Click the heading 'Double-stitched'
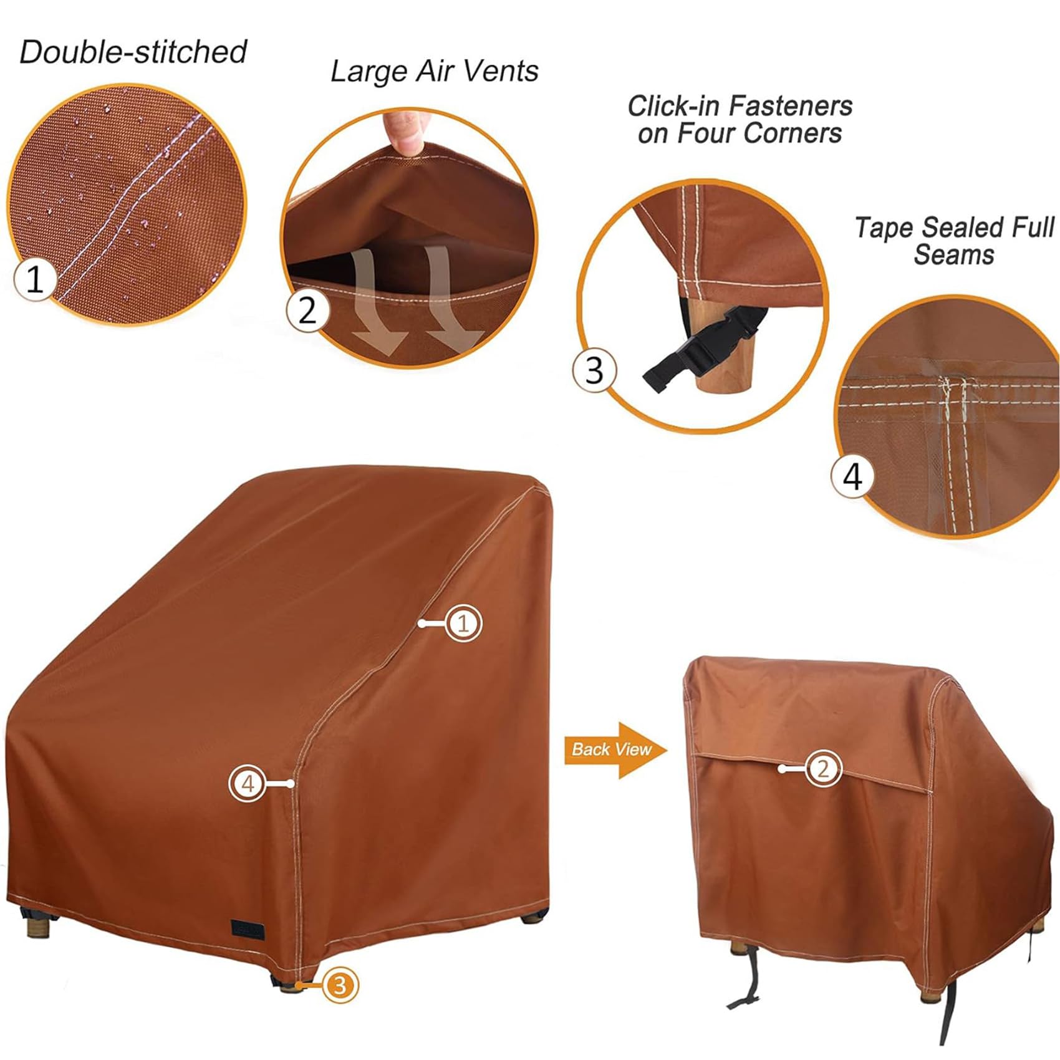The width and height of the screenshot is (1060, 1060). click(x=133, y=52)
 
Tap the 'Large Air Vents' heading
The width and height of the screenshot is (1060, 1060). click(x=434, y=71)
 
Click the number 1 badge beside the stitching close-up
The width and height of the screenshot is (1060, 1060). click(x=35, y=279)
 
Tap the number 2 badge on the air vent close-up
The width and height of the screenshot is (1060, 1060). click(x=307, y=310)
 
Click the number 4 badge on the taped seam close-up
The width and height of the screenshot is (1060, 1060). click(x=852, y=476)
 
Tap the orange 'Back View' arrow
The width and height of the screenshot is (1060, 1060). click(x=614, y=749)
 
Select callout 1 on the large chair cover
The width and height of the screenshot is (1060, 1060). click(x=463, y=623)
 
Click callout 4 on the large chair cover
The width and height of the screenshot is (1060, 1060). click(x=248, y=783)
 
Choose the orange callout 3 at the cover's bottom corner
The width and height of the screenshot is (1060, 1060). click(x=340, y=986)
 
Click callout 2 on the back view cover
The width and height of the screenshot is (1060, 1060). click(x=822, y=768)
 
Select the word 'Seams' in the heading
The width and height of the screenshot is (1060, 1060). click(x=953, y=255)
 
